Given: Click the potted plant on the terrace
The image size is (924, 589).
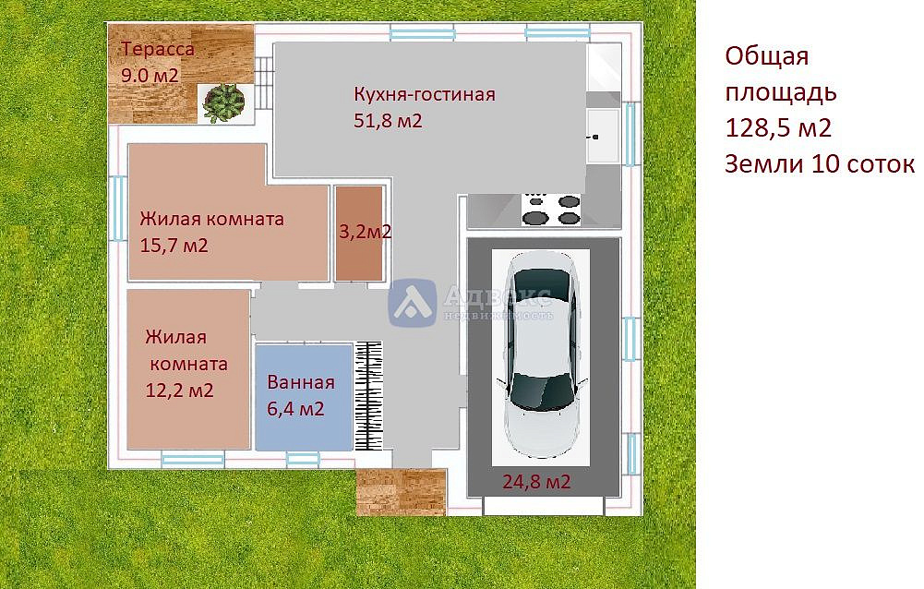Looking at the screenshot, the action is pyautogui.click(x=223, y=103).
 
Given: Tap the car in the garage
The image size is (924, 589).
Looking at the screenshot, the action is pyautogui.click(x=541, y=355).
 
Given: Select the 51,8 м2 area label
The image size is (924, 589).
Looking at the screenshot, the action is pyautogui.click(x=388, y=121).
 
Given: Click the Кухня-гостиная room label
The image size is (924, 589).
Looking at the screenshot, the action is pyautogui.click(x=425, y=94).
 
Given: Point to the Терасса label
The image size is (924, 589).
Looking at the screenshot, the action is pyautogui.click(x=158, y=49).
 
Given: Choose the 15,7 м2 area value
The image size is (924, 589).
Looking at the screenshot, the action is pyautogui.click(x=174, y=246).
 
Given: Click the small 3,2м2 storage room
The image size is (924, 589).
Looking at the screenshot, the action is pyautogui.click(x=359, y=233).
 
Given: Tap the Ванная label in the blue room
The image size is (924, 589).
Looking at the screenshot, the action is pyautogui.click(x=301, y=382).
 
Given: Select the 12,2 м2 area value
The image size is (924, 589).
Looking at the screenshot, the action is pyautogui.click(x=179, y=390).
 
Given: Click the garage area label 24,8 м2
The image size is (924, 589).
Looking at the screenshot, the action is pyautogui.click(x=536, y=482).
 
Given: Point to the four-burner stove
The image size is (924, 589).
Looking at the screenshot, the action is pyautogui.click(x=552, y=210).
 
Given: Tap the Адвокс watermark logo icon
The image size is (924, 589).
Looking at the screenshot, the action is pyautogui.click(x=412, y=303).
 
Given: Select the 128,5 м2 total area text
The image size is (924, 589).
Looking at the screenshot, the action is pyautogui.click(x=778, y=127).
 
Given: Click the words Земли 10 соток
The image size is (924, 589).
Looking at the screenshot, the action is pyautogui.click(x=820, y=164).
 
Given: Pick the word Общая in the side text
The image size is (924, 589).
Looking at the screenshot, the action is pyautogui.click(x=767, y=56).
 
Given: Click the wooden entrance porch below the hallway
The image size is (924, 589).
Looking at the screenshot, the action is pyautogui.click(x=401, y=492).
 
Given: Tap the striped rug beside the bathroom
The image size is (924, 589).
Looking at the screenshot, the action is pyautogui.click(x=368, y=395).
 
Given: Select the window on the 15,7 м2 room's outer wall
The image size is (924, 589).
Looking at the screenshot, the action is pyautogui.click(x=118, y=208).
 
